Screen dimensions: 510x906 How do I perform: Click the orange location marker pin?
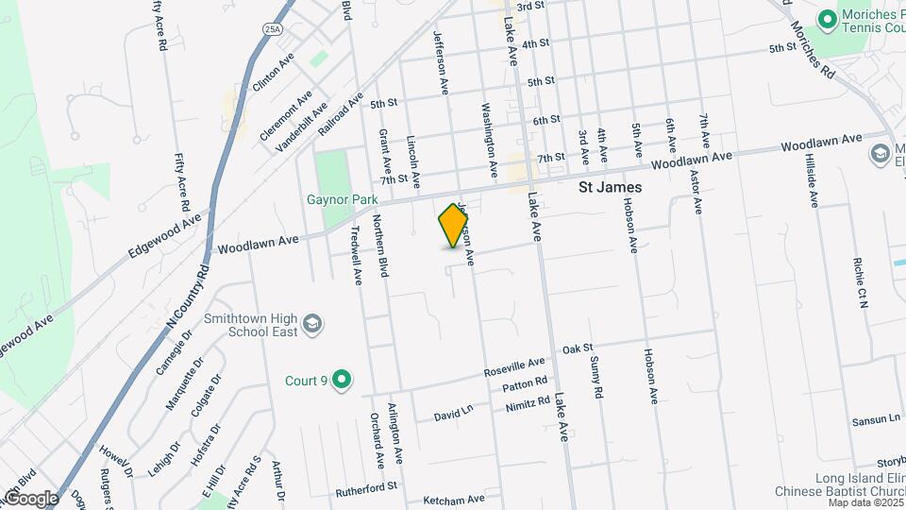pos(454,226)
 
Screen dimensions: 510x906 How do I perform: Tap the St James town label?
pos(610,188)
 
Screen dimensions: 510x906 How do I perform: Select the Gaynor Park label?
pos(342,199)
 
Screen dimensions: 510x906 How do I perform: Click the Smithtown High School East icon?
pos(312,327)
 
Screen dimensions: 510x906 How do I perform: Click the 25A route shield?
pos(273,30)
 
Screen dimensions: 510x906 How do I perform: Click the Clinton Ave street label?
pos(274,72)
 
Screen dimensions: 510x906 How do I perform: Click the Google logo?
pos(30,498)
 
